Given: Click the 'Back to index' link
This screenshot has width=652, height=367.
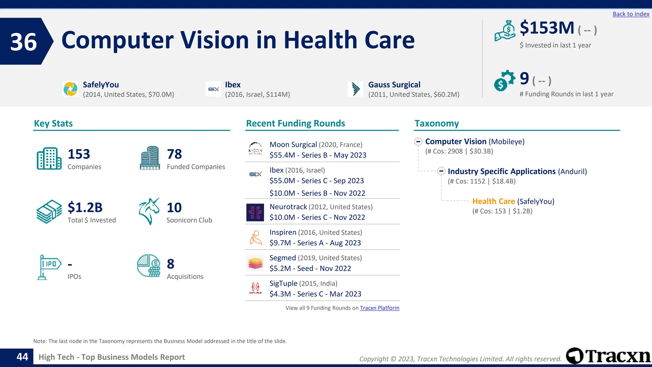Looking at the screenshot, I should tap(631, 14).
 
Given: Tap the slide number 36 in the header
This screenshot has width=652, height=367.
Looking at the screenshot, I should tap(24, 42).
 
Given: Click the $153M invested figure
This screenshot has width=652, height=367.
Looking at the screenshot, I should tap(547, 28).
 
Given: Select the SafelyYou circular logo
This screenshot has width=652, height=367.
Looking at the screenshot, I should tap(70, 89).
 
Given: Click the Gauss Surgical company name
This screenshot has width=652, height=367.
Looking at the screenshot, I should tap(394, 85).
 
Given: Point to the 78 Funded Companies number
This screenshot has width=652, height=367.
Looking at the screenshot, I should tap(174, 154).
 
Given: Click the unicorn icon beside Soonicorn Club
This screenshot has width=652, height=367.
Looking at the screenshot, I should tap(149, 211).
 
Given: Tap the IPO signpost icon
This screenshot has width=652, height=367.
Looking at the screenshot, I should tap(49, 267).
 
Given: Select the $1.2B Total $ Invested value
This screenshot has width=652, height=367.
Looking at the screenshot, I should tap(85, 207).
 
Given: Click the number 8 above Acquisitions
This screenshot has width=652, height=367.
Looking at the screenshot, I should tap(171, 264).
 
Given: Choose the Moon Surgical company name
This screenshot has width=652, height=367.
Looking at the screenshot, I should tap(293, 145).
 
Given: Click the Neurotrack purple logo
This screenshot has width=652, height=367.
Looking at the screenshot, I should tap(255, 212).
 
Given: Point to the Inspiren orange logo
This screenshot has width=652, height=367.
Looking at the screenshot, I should tap(255, 238).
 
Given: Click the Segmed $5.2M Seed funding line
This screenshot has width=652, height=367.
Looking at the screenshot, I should tap(310, 269).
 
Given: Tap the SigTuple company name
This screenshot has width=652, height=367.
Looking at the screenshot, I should tap(283, 284).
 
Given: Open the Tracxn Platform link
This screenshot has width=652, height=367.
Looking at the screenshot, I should tap(379, 308).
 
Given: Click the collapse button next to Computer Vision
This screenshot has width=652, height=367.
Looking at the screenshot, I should tap(418, 141).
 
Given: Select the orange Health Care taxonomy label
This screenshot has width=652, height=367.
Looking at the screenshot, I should tap(493, 201).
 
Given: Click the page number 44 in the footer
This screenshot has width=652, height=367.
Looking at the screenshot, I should tap(22, 357).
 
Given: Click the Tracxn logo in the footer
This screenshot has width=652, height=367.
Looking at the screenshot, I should tap(608, 356).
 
